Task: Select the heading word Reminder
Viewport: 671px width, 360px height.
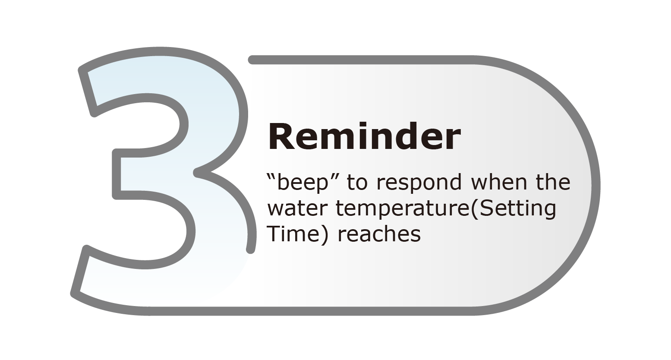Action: tap(364, 136)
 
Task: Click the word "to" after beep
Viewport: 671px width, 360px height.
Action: tap(357, 183)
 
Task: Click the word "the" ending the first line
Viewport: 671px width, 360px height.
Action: tap(553, 182)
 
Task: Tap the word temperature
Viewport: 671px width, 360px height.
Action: tap(403, 209)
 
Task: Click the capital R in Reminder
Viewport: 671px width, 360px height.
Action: tap(280, 136)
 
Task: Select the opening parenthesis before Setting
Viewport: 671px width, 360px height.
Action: tap(475, 209)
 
